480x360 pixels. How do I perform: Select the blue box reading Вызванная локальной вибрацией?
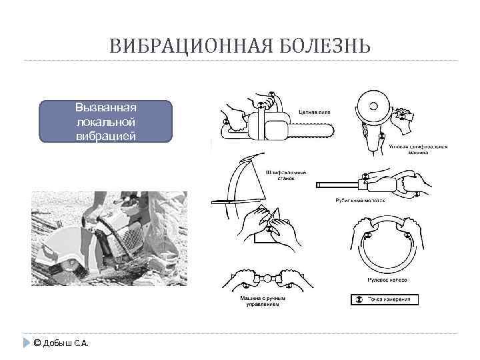point(106,122)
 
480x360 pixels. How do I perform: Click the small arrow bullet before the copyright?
point(26,343)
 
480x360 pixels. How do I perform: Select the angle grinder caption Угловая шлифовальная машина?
point(418,149)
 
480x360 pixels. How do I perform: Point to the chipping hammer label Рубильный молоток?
point(359,200)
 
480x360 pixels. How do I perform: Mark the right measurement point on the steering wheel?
point(407,235)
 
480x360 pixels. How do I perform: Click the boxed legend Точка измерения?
point(385,300)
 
